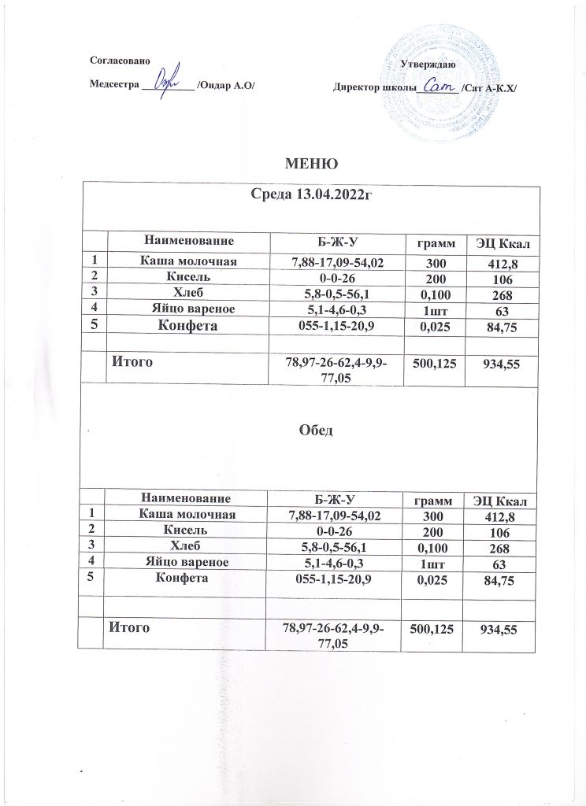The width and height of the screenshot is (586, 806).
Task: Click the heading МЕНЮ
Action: (311, 165)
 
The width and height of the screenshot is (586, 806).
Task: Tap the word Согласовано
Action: (115, 61)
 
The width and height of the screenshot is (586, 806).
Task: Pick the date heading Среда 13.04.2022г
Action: (310, 194)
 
